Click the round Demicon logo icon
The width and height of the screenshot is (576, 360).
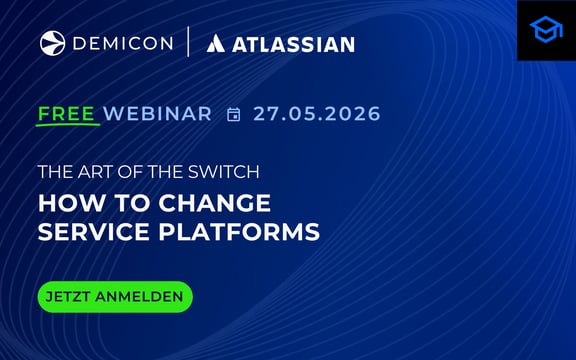coord(52,43)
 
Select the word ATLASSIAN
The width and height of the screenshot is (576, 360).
coord(294,44)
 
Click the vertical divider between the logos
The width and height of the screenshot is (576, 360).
coord(188,43)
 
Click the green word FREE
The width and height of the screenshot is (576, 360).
coord(68,113)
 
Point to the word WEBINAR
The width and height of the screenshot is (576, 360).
coord(158,114)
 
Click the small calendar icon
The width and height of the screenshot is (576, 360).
coord(234,114)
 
